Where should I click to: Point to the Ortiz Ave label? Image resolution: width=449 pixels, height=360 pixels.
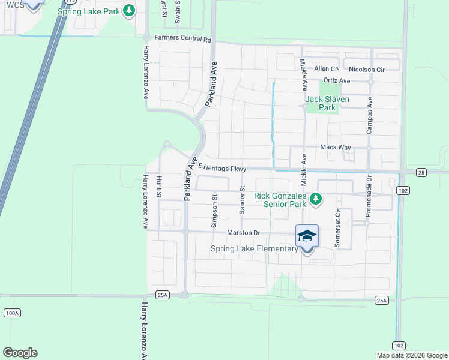click(336, 80)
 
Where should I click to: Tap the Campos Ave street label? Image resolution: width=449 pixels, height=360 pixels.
click(370, 115)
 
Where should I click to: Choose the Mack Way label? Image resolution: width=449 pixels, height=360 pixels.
click(335, 147)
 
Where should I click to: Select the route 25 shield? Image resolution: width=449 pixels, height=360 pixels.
click(421, 172)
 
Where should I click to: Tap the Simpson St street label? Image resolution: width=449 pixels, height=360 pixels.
click(214, 210)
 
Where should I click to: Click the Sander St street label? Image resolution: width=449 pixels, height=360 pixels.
click(243, 200)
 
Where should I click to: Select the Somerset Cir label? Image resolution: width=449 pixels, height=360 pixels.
click(337, 228)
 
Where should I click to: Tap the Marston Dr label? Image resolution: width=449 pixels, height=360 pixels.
click(243, 232)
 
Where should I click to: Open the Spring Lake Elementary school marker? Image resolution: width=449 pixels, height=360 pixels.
click(307, 236)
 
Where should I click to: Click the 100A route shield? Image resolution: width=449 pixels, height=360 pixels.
click(11, 313)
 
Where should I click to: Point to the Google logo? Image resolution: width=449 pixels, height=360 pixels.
click(20, 353)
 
